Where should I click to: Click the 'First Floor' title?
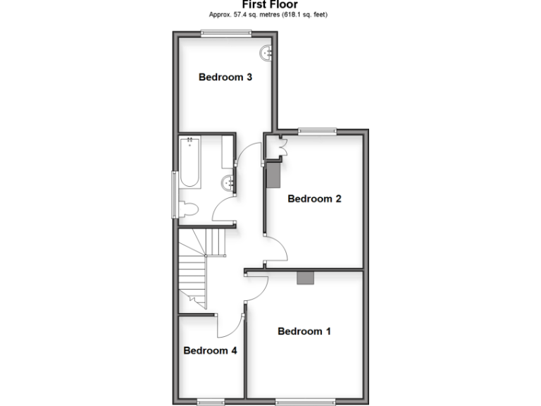click(270, 4)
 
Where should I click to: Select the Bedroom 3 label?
click(225, 78)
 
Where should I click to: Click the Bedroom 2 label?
click(314, 199)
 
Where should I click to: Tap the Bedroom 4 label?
click(210, 350)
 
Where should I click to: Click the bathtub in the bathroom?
click(189, 164)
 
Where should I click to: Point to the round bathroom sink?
click(228, 184)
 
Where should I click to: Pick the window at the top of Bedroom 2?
click(316, 130)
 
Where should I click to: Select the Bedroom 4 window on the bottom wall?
click(210, 402)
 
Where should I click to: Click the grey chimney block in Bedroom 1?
click(305, 278)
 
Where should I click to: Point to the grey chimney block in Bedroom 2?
click(273, 175)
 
